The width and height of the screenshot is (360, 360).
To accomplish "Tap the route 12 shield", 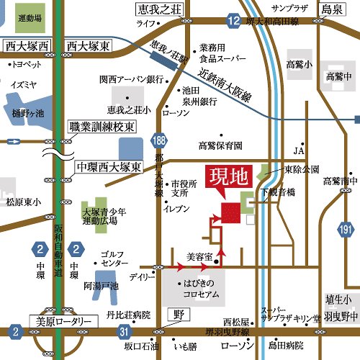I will tap(232, 22).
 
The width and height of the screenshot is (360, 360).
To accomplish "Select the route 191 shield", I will tap(346, 230).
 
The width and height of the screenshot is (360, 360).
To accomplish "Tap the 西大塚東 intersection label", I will tap(88, 46).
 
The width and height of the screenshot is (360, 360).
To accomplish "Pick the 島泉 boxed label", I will tap(332, 9).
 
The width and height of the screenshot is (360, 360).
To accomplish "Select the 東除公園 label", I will tap(301, 170).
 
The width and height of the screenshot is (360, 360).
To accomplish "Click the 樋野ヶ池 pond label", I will tap(28, 113).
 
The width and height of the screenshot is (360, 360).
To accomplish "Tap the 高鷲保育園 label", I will tap(220, 145).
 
